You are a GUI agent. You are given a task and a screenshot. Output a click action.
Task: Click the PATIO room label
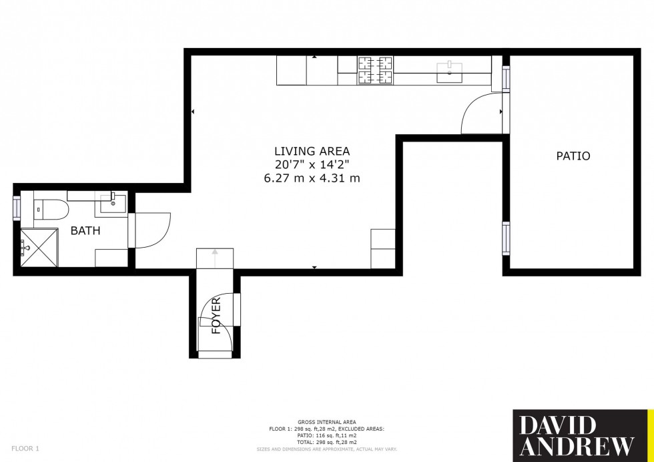(573, 156)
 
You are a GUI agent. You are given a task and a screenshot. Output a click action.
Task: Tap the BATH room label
(86, 232)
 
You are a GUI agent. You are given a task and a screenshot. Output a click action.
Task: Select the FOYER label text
(216, 315)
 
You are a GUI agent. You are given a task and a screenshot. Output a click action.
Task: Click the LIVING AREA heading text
(312, 151)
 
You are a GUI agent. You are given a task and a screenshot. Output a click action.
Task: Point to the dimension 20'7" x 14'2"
(312, 164)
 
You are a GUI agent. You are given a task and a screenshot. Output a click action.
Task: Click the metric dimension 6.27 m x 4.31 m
(312, 178)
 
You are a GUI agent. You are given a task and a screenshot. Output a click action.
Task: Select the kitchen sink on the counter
(449, 70)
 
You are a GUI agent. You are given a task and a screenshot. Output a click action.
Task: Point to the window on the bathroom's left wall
(17, 208)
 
